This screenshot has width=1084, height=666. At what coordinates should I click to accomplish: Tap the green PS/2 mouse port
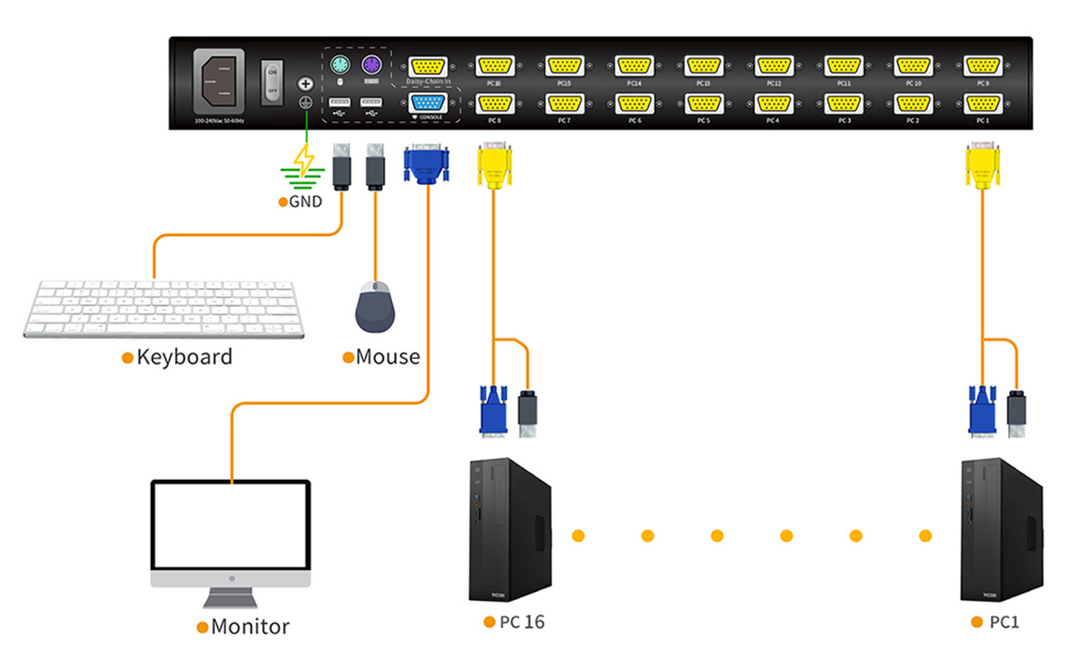[x=340, y=66]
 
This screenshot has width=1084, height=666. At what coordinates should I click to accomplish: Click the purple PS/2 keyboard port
[x=371, y=66]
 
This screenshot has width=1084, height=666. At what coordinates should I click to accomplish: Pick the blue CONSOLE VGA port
[x=426, y=102]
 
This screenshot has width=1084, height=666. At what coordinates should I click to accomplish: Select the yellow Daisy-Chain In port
[x=426, y=66]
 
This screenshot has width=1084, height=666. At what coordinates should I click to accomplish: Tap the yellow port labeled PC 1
[x=983, y=102]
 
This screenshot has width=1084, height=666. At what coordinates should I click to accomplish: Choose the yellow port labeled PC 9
[x=983, y=66]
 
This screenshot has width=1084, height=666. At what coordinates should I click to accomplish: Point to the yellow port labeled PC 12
[x=773, y=66]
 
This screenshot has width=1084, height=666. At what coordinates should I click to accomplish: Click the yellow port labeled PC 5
[x=703, y=102]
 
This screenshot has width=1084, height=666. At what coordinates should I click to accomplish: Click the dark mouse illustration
[x=375, y=307]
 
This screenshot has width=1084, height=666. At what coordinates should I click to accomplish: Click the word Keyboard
[x=184, y=357]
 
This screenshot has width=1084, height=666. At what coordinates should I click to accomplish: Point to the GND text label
[x=304, y=202]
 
